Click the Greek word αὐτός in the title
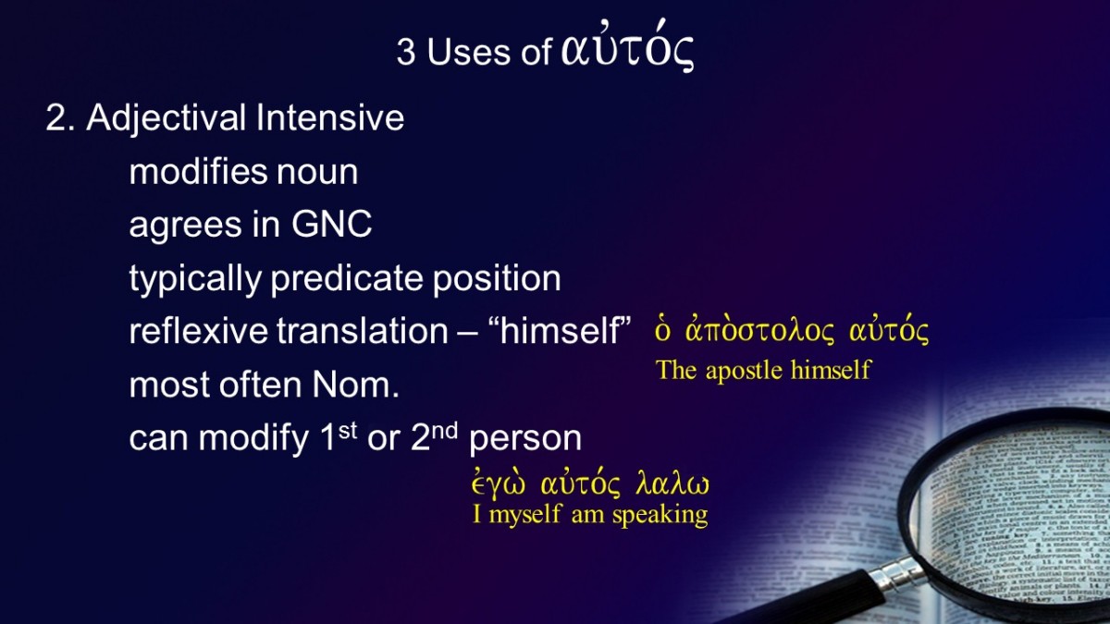[x=627, y=46]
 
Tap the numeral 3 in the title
[x=406, y=52]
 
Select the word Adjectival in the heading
[x=166, y=119]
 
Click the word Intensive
[x=329, y=118]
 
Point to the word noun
[x=317, y=172]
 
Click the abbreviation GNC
[x=331, y=224]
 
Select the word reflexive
[x=198, y=330]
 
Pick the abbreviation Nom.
[x=356, y=385]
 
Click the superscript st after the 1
[x=348, y=431]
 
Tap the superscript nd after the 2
[x=445, y=431]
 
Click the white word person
[x=525, y=438]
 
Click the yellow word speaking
[x=660, y=515]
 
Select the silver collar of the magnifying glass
[x=898, y=574]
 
